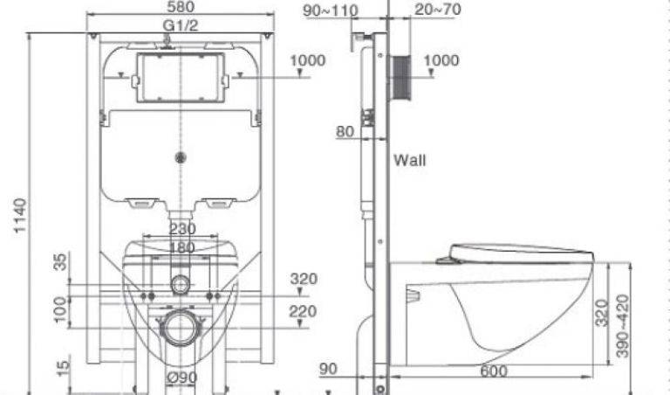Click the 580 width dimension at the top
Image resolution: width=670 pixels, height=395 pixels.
tap(181, 8)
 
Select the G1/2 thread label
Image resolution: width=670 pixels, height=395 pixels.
tap(181, 25)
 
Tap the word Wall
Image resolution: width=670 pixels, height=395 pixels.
tap(409, 161)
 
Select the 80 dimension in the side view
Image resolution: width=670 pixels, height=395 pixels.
tap(345, 132)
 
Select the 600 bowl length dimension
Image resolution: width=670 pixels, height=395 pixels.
tap(493, 371)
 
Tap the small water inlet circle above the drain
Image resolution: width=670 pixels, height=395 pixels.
tap(181, 283)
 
